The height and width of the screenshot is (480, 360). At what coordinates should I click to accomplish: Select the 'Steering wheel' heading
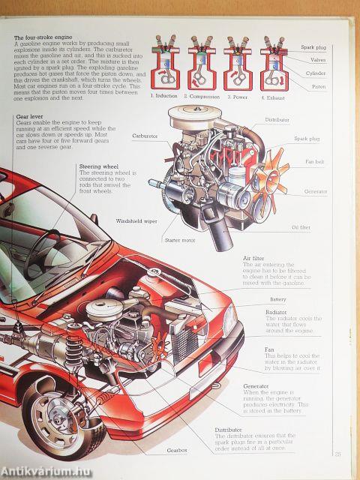(100, 167)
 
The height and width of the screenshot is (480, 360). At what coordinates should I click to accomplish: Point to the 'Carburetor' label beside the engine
(145, 136)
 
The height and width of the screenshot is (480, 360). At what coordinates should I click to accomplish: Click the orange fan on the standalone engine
(269, 179)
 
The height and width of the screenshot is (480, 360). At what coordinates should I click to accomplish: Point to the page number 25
(337, 453)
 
